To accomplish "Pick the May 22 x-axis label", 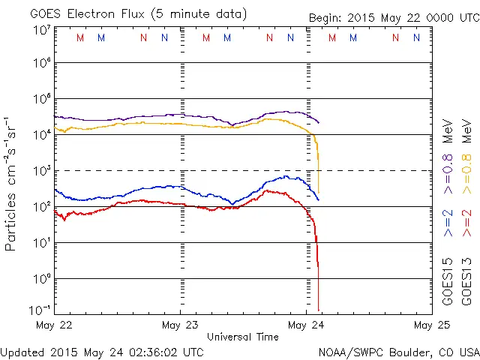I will (54, 325).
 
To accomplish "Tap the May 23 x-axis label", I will (181, 325).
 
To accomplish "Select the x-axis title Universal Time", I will (243, 337).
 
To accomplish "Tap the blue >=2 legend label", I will (447, 224).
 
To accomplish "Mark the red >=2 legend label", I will (466, 224).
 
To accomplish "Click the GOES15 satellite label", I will (447, 281).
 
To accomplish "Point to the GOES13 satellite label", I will (466, 281).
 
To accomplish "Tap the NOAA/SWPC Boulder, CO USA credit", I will (398, 350).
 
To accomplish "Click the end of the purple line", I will (319, 122).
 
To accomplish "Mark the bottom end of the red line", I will (319, 310).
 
